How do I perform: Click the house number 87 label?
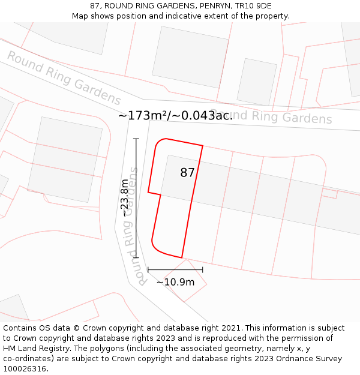[x=187, y=173]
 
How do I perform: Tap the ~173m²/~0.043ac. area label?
[x=175, y=116]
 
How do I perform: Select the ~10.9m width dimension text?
[x=175, y=282]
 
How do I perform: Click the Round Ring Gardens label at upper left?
[x=64, y=78]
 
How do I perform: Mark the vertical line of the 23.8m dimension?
[x=136, y=198]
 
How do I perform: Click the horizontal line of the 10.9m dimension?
[x=175, y=270]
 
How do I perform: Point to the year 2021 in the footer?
[x=231, y=328]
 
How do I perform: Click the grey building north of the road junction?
[x=190, y=58]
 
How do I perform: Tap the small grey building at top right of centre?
[x=257, y=82]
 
